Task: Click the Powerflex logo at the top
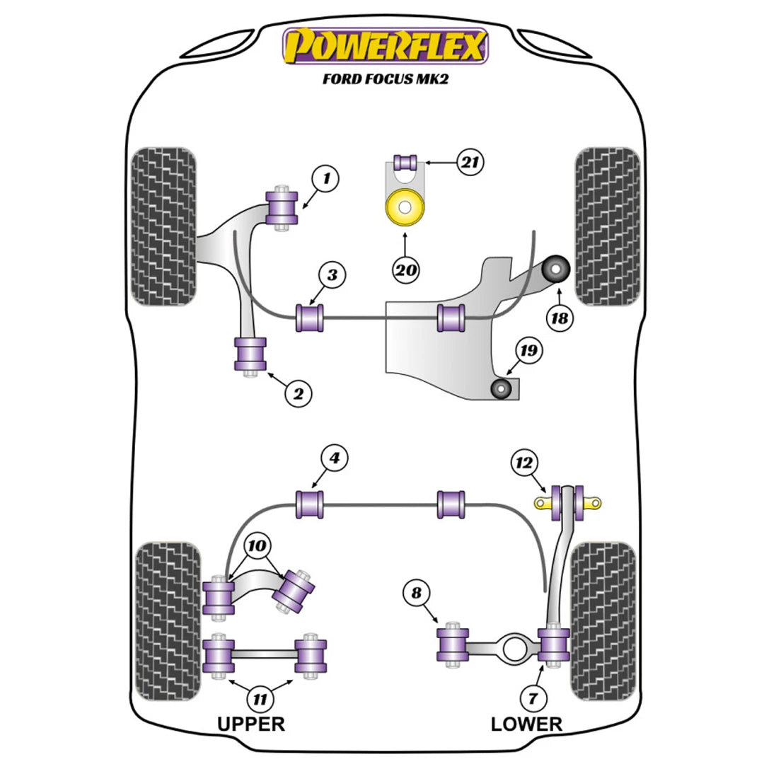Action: coord(386,46)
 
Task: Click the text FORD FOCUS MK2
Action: coord(386,79)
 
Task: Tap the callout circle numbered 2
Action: coord(298,393)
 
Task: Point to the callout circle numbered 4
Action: coord(335,458)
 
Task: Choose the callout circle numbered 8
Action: coord(416,593)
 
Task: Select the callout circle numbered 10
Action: coord(258,546)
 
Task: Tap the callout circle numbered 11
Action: coord(260,700)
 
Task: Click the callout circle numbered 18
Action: coord(559,318)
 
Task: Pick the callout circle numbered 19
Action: coord(528,349)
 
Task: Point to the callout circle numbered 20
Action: coord(407,270)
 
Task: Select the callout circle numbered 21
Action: coord(469,162)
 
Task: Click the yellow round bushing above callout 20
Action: coord(403,209)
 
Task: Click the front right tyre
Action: coord(608,226)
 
